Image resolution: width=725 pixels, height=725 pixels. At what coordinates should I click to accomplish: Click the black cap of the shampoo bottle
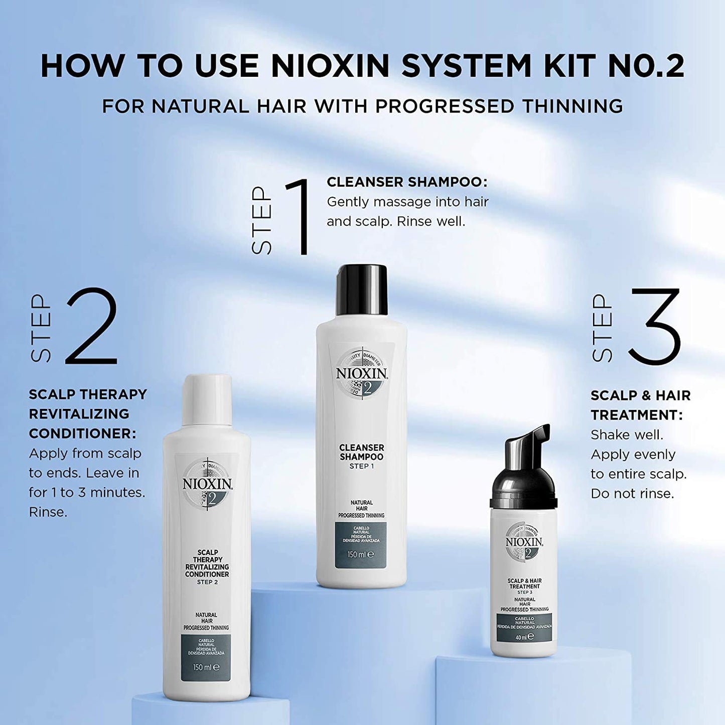pyautogui.click(x=362, y=290)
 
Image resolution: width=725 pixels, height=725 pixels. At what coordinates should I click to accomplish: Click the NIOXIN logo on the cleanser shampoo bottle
pyautogui.click(x=362, y=374)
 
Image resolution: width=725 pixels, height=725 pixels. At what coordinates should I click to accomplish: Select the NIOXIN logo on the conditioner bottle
pyautogui.click(x=207, y=485)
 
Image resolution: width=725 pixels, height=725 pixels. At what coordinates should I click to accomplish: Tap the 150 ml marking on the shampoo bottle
pyautogui.click(x=361, y=555)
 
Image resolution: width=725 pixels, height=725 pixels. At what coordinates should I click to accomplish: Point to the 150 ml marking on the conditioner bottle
pyautogui.click(x=206, y=668)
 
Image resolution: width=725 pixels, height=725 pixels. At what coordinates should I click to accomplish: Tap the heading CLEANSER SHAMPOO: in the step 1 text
pyautogui.click(x=407, y=182)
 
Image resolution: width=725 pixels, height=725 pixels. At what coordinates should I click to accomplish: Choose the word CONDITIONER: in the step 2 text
pyautogui.click(x=82, y=433)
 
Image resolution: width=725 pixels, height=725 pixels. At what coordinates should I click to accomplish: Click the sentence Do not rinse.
pyautogui.click(x=632, y=494)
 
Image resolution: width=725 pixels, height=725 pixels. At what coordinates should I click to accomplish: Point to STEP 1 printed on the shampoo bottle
pyautogui.click(x=361, y=467)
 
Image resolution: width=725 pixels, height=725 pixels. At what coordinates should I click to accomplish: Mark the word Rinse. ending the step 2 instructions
pyautogui.click(x=48, y=512)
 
